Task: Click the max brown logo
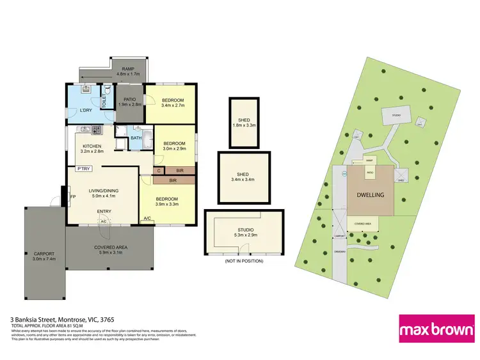[x=437, y=329]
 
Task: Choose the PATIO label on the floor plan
[x=130, y=99]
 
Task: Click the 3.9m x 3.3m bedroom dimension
[x=167, y=204]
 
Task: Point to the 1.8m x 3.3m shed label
[x=244, y=125]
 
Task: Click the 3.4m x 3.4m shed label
[x=244, y=180]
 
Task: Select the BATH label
[x=136, y=138]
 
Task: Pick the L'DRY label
[x=78, y=112]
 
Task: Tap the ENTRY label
[x=104, y=212]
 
